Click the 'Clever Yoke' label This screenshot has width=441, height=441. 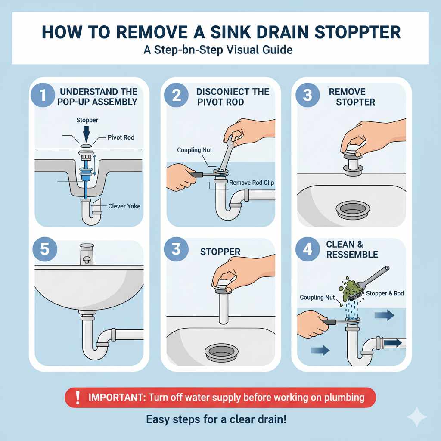pyautogui.click(x=124, y=206)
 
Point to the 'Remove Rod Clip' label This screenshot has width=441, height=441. pyautogui.click(x=252, y=183)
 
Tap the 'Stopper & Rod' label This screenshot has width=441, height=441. pyautogui.click(x=385, y=294)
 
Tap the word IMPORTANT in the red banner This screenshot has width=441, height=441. pyautogui.click(x=116, y=398)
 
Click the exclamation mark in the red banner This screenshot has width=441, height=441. pyautogui.click(x=78, y=398)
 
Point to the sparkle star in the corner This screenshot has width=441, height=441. pyautogui.click(x=416, y=417)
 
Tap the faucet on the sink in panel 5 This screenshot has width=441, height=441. pyautogui.click(x=87, y=254)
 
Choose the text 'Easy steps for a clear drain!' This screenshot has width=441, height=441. pyautogui.click(x=216, y=419)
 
